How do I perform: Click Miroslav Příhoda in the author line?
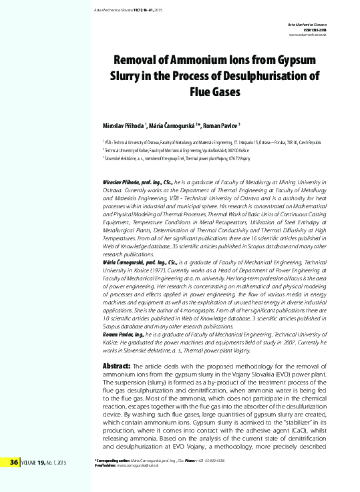(126, 126)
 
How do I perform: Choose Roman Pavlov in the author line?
(226, 126)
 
